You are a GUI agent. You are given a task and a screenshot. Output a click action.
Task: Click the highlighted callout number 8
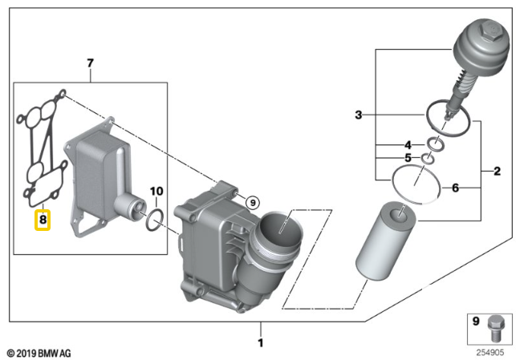tap(43, 218)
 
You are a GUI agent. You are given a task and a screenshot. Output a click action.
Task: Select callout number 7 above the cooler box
tap(90, 63)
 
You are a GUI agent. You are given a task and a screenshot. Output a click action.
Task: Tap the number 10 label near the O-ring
tap(358, 115)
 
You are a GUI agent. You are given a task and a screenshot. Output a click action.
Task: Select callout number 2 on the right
tap(497, 171)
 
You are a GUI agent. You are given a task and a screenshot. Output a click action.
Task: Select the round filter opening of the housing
tap(282, 224)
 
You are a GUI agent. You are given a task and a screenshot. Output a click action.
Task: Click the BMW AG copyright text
tap(39, 353)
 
